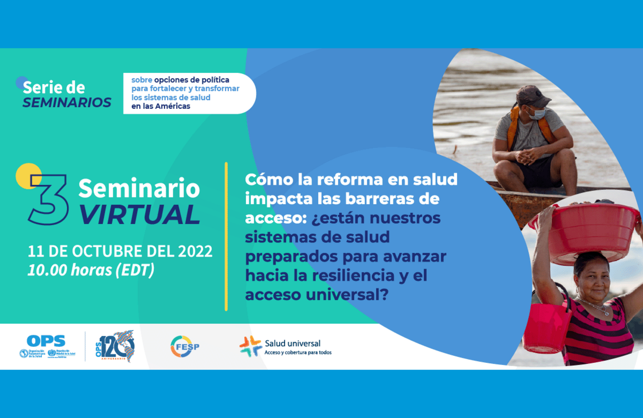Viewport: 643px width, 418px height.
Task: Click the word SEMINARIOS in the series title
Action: pyautogui.click(x=67, y=103)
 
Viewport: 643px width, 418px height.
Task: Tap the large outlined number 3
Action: pyautogui.click(x=48, y=199)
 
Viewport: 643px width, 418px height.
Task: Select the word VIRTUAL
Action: pyautogui.click(x=139, y=215)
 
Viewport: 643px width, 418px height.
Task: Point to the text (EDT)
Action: pyautogui.click(x=135, y=270)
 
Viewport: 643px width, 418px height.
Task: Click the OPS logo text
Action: pyautogui.click(x=46, y=341)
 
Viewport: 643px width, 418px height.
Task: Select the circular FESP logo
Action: pyautogui.click(x=185, y=346)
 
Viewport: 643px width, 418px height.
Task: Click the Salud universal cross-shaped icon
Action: pyautogui.click(x=250, y=346)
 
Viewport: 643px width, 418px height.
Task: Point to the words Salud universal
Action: pyautogui.click(x=293, y=344)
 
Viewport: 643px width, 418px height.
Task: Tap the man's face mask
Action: pyautogui.click(x=537, y=113)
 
